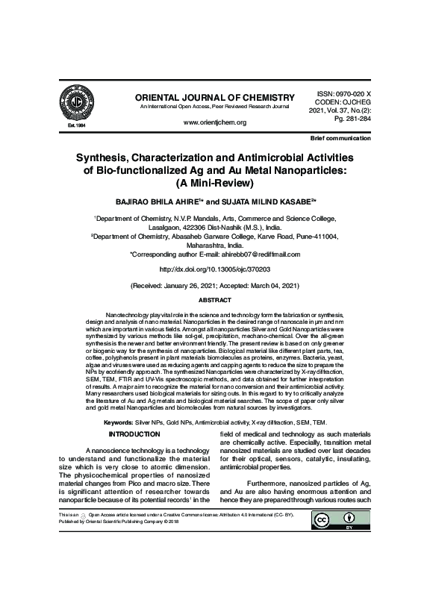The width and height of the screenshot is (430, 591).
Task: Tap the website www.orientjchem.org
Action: [214, 122]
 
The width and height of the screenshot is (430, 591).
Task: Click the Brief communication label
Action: [340, 140]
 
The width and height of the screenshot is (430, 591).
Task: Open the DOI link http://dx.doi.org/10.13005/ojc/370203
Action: [214, 268]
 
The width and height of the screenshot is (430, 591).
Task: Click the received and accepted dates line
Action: [214, 286]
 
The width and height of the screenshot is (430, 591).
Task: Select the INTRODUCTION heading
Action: [134, 434]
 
